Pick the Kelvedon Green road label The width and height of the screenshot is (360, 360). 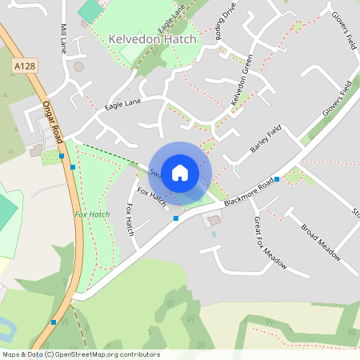point(242,80)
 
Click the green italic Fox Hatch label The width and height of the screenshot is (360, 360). point(92,214)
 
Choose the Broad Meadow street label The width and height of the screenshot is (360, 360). point(321,242)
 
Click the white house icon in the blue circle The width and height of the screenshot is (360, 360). point(180,172)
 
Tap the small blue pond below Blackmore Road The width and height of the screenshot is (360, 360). point(213,234)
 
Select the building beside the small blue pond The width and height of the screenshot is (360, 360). point(214,220)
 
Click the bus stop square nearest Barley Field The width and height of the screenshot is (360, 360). point(276,178)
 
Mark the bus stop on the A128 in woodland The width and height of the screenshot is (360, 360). point(54,322)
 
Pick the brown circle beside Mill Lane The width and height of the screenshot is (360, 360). point(78,66)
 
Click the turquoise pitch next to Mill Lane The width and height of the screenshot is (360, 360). point(91,10)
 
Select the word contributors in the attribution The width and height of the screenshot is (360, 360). point(138,354)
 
